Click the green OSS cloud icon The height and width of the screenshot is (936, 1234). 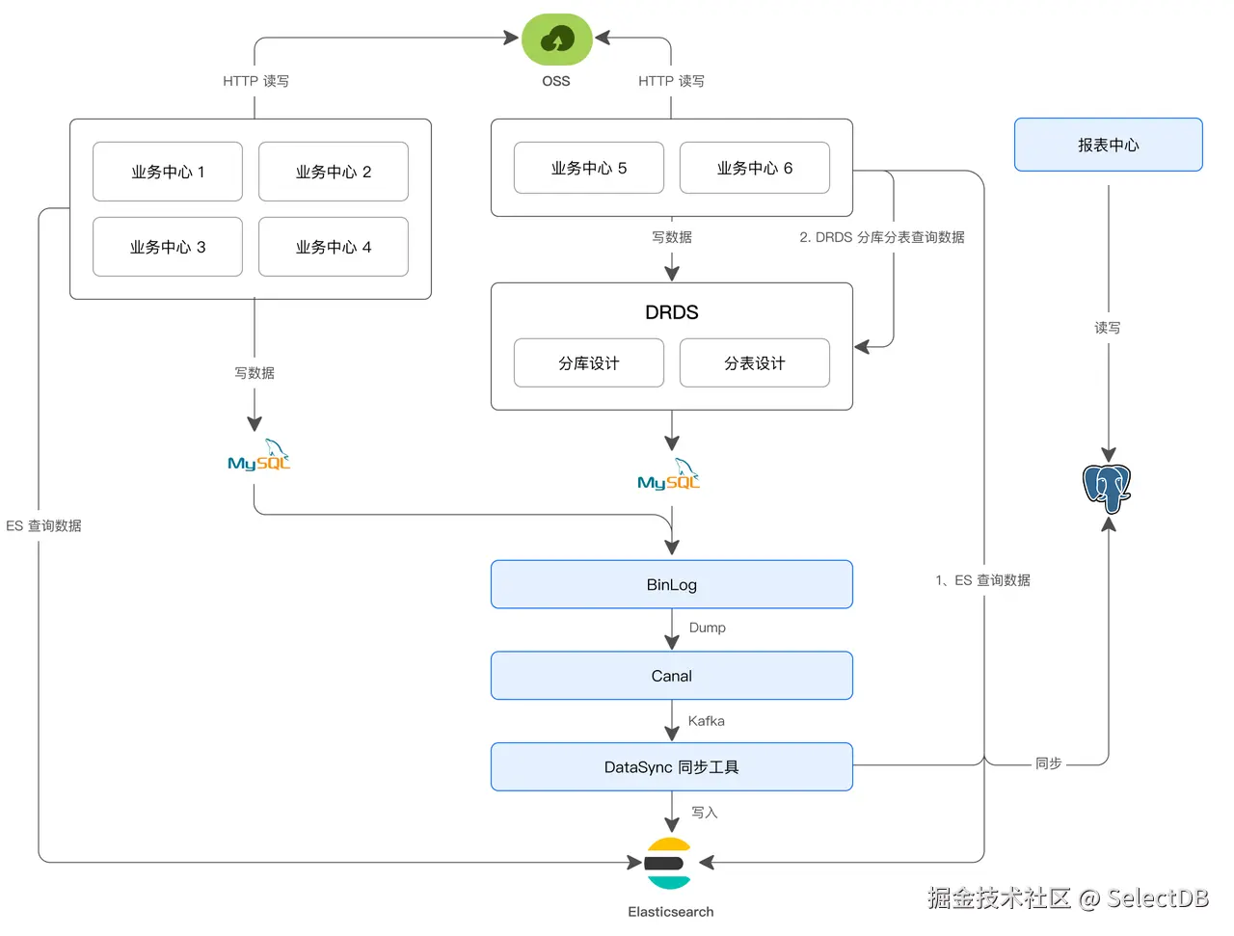coord(556,40)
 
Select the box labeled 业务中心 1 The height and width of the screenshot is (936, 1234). coord(168,172)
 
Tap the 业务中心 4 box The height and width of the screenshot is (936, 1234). coord(334,247)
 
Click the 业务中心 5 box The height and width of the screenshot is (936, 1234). coord(589,168)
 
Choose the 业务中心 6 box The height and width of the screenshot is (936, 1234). coord(755,168)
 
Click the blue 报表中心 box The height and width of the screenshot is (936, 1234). coord(1108,145)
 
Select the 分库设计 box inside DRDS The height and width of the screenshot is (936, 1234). coord(589,362)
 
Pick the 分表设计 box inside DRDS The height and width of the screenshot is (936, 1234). coord(755,362)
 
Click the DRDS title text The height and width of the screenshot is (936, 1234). coord(672,312)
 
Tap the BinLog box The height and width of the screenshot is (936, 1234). coord(672,584)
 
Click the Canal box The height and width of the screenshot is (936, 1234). coord(672,676)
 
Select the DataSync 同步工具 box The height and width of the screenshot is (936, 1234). coord(672,767)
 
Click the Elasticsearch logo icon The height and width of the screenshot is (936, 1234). coord(669,863)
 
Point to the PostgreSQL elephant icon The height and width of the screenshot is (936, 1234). coord(1107,487)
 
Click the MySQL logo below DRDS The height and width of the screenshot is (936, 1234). coord(669,476)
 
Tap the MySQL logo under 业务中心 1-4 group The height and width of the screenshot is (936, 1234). coord(259,457)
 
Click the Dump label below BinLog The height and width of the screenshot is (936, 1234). coord(707,628)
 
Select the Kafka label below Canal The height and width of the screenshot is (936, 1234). coord(706,721)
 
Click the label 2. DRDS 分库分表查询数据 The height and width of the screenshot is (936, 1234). coord(881,237)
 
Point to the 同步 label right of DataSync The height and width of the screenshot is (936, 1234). coord(1048,763)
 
